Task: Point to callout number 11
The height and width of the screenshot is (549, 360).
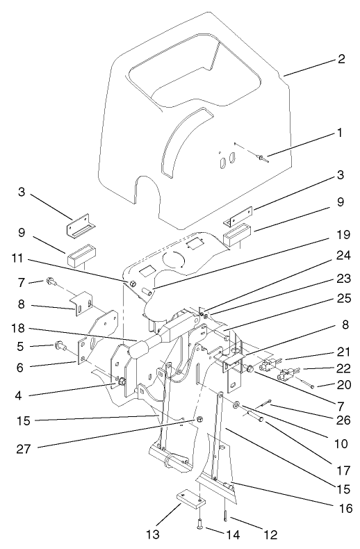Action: (x=18, y=259)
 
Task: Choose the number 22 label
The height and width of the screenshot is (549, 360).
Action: (x=341, y=369)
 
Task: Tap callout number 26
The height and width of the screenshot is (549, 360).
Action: (x=341, y=418)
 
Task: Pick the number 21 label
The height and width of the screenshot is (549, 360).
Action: (x=341, y=352)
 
